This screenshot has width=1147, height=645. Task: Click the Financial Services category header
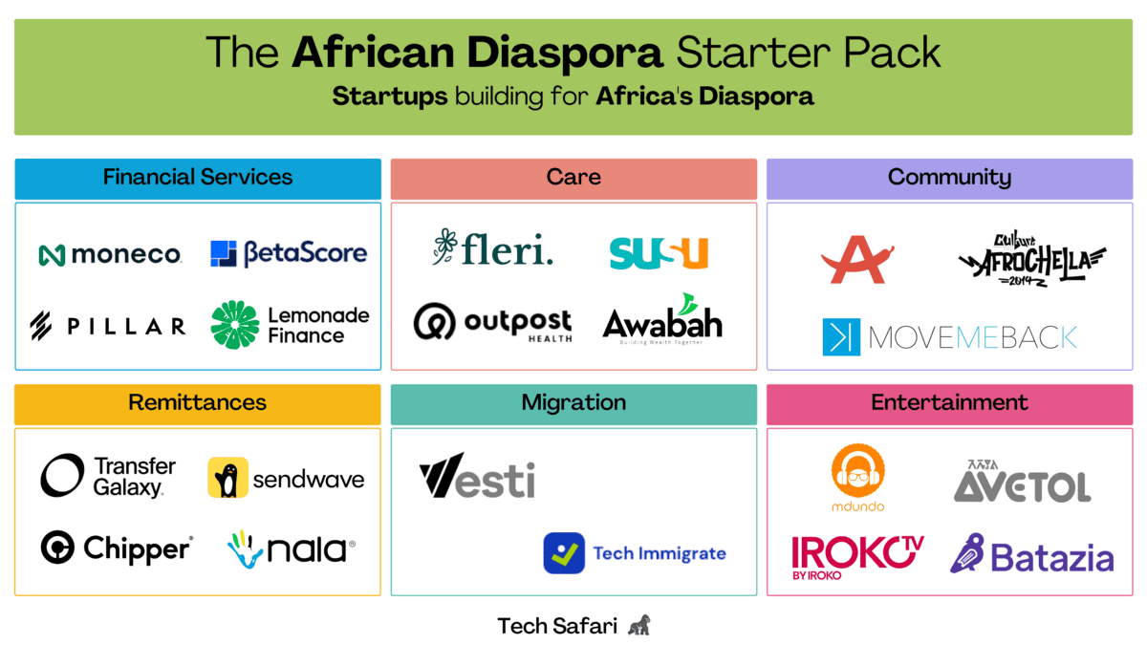(x=198, y=178)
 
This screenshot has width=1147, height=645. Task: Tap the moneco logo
(x=110, y=254)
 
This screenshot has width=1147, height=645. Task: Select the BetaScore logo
(x=289, y=253)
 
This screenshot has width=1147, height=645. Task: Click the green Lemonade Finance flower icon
(x=234, y=325)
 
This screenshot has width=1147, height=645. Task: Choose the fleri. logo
(x=492, y=249)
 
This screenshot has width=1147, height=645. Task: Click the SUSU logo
(x=659, y=252)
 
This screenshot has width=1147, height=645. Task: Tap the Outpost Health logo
(x=492, y=323)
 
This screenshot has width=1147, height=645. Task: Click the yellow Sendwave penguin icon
(x=227, y=478)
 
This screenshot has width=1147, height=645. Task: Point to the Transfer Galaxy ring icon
(x=62, y=476)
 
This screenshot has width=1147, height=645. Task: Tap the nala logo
(x=292, y=548)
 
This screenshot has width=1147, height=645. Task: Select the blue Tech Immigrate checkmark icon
(x=564, y=553)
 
